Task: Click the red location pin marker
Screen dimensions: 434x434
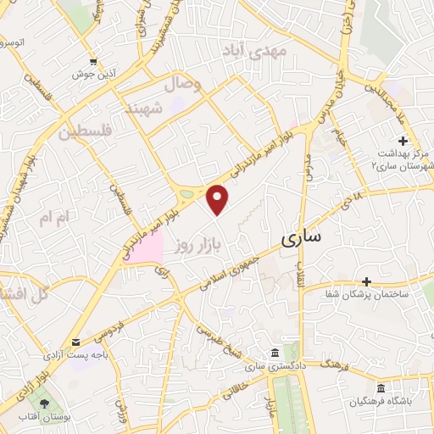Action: click(x=219, y=198)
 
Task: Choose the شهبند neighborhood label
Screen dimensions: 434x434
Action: click(x=142, y=109)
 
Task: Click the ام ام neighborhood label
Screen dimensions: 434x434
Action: click(x=58, y=218)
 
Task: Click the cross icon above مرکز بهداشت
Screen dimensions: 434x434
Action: click(x=402, y=140)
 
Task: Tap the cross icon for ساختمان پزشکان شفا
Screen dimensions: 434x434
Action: click(x=366, y=281)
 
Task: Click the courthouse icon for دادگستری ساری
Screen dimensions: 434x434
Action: click(x=274, y=353)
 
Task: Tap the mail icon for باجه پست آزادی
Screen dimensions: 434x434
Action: click(x=76, y=342)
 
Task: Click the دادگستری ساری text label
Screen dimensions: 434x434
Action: click(x=267, y=366)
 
